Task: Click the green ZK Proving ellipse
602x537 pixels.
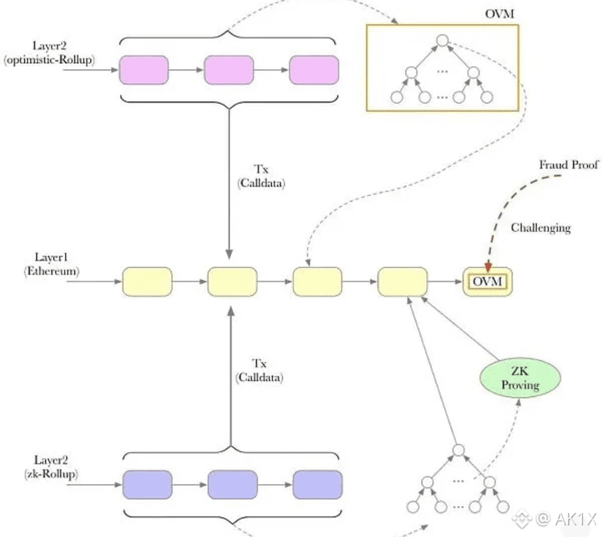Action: click(x=520, y=377)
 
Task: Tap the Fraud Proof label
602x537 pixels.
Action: click(x=569, y=165)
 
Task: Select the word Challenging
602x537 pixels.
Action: click(x=540, y=228)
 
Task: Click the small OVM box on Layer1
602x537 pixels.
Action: click(x=487, y=281)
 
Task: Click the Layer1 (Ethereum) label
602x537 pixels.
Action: click(x=51, y=264)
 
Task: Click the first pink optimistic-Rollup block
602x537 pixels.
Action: click(x=143, y=70)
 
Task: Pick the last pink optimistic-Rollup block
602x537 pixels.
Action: click(x=314, y=70)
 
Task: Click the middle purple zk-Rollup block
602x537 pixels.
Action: click(x=232, y=484)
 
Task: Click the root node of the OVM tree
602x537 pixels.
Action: click(x=443, y=42)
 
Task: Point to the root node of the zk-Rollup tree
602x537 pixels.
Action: click(x=457, y=451)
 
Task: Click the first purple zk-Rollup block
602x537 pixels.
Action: click(x=147, y=484)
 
